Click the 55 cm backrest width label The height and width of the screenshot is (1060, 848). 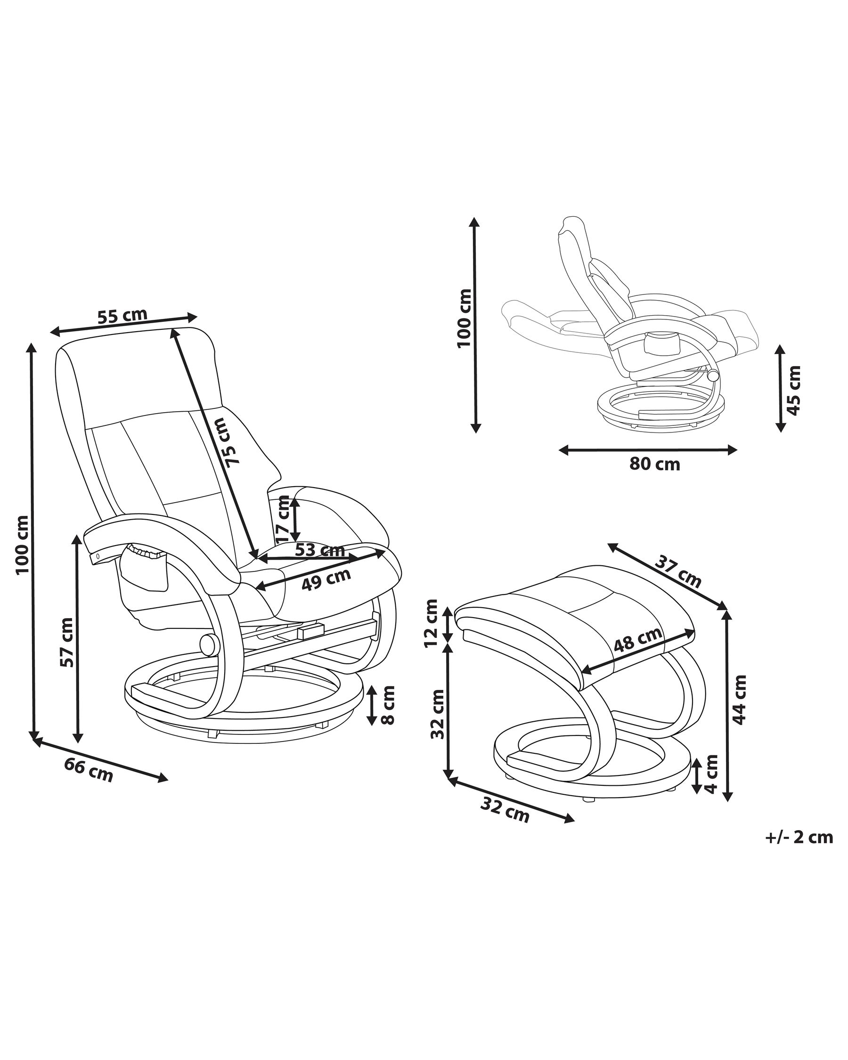point(122,316)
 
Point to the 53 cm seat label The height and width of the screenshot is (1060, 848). point(319,550)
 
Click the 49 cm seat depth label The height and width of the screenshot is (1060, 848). point(326,579)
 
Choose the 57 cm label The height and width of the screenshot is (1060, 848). point(66,642)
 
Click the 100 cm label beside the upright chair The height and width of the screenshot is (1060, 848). point(23,545)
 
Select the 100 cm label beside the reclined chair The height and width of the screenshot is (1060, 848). point(464,318)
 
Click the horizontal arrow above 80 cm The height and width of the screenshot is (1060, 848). point(648,449)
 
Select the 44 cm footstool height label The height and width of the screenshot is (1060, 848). point(740,700)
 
